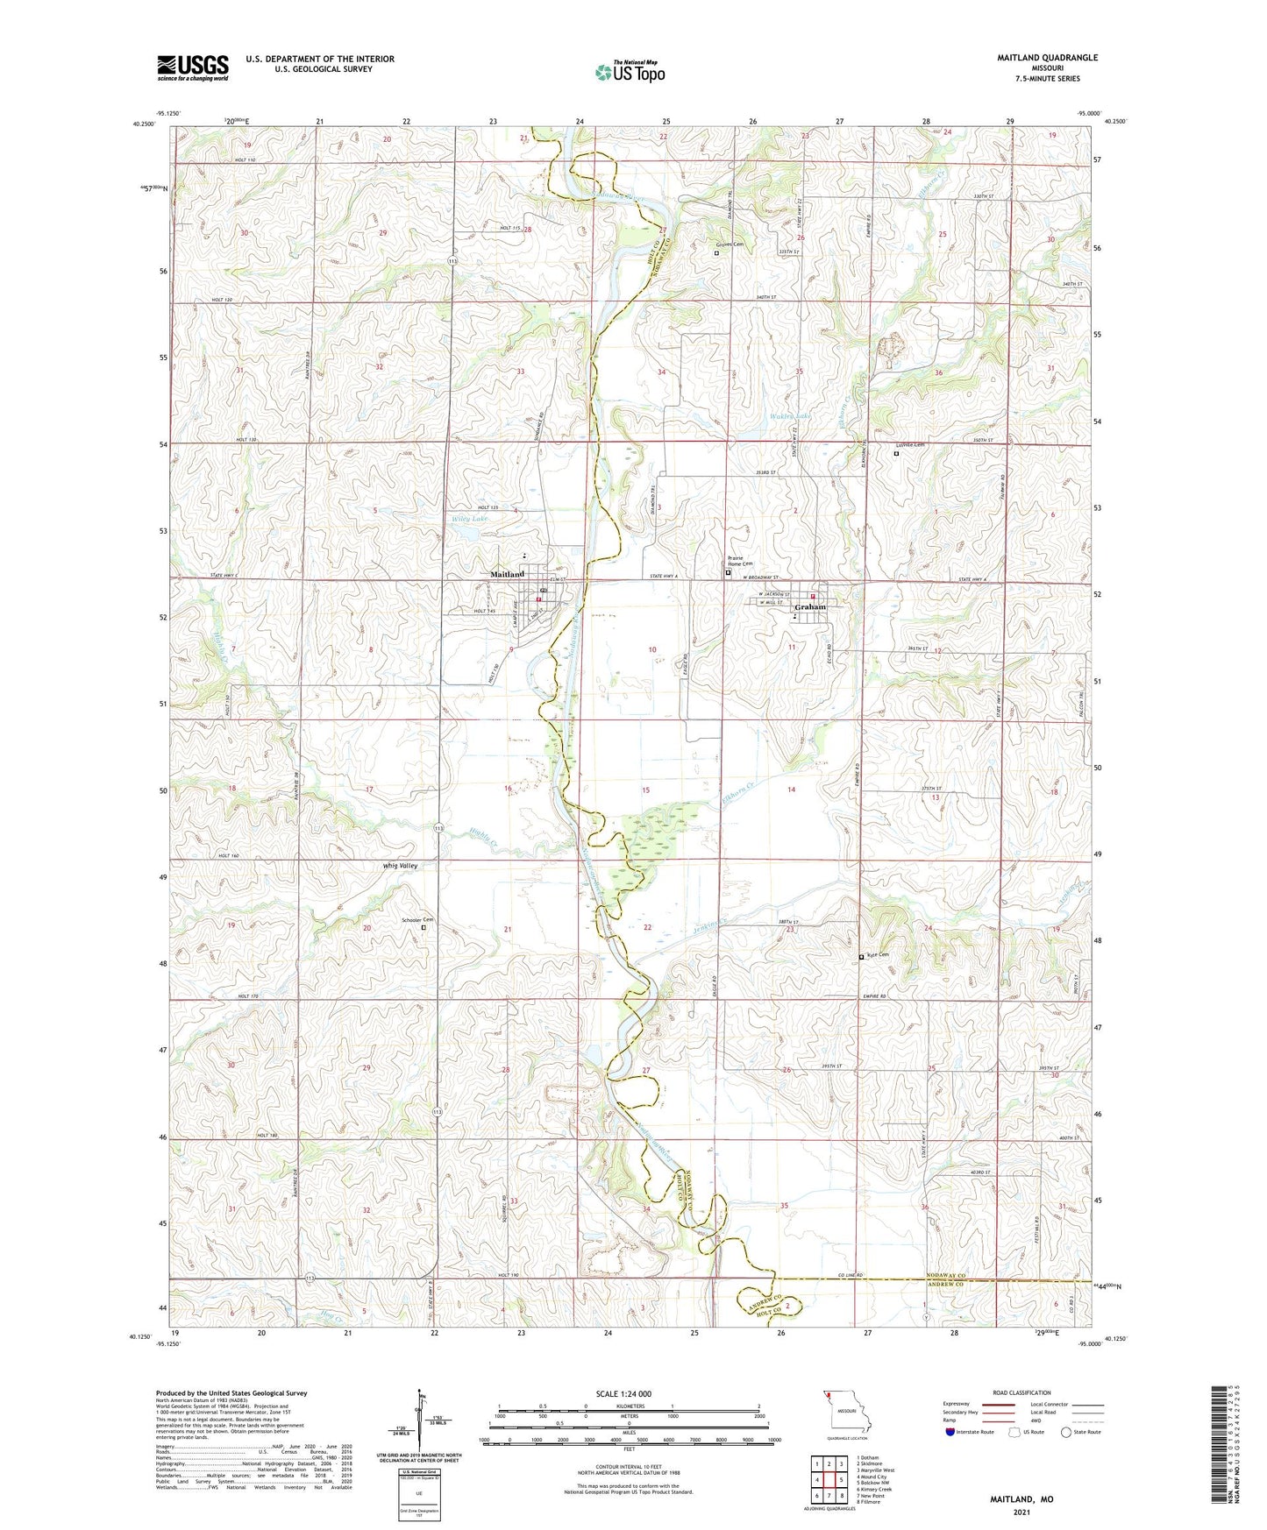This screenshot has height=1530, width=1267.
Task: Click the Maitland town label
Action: coord(507,574)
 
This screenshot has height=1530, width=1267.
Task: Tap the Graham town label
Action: coord(809,606)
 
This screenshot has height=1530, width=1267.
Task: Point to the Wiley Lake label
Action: coord(469,519)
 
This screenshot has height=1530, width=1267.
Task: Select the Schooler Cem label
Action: coord(417,919)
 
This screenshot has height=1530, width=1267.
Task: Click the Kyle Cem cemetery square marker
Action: coord(861,958)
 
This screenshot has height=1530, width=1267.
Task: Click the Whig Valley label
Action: coord(400,865)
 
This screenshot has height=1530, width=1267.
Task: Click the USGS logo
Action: coord(193,67)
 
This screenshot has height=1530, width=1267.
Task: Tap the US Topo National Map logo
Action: coord(630,71)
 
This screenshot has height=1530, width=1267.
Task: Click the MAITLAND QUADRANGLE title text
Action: coord(1046,58)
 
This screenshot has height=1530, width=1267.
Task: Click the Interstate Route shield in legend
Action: coord(950,1432)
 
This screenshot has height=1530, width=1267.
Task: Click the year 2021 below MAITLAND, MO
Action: coord(1021,1512)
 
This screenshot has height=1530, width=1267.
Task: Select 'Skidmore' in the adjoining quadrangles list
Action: coord(870,1463)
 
